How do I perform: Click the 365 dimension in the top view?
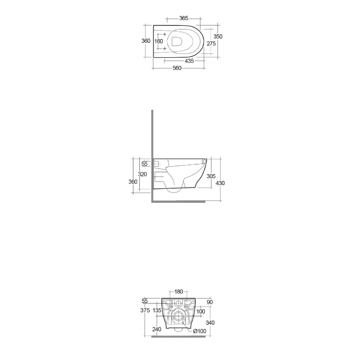point(184,18)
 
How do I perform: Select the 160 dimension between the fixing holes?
point(159,41)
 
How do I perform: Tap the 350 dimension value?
point(218,36)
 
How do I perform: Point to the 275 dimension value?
point(211,44)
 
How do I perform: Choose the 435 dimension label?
point(189,61)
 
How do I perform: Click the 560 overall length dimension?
point(177,68)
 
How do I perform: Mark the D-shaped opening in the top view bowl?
point(177,41)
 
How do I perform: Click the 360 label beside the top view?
point(146,41)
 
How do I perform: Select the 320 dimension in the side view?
point(142,174)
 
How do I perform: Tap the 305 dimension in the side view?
point(211,176)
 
